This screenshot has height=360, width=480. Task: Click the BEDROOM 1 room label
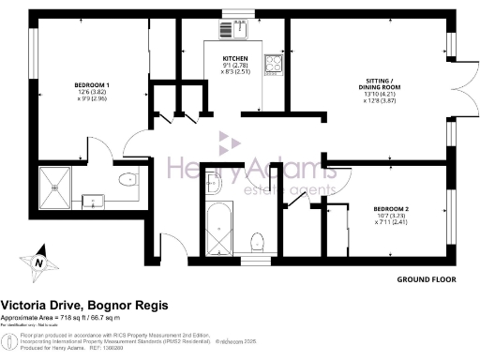[x=93, y=85]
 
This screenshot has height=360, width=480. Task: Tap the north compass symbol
[x=37, y=263]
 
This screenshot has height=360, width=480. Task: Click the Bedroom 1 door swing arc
[x=136, y=141]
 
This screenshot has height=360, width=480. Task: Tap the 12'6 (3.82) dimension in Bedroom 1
[x=93, y=94]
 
